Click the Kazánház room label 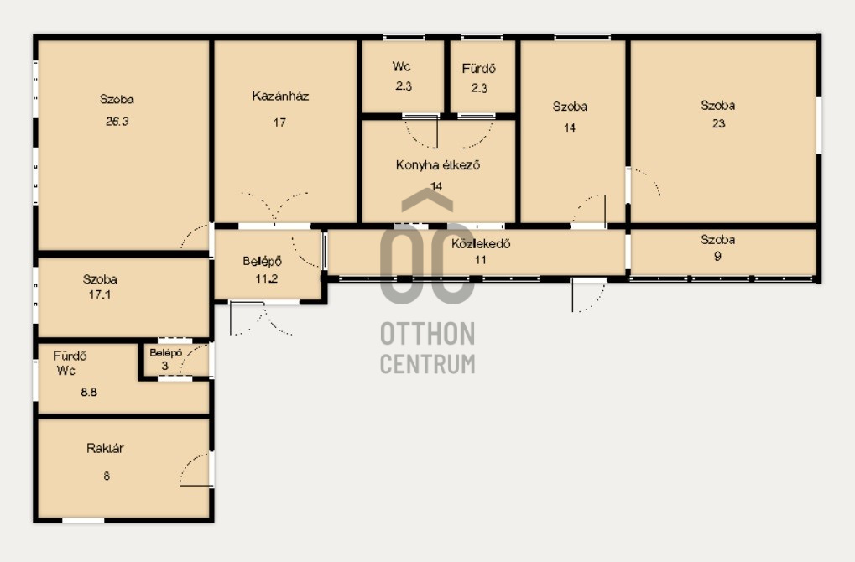[x=280, y=96]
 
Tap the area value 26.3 [x=117, y=121]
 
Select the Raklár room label [x=105, y=448]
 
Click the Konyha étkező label [x=438, y=164]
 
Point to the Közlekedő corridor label [x=481, y=243]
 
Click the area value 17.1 [x=100, y=294]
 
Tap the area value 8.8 [x=89, y=392]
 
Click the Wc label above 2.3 [x=401, y=66]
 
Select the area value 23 [x=719, y=123]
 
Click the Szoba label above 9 [x=717, y=239]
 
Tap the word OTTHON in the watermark [x=428, y=334]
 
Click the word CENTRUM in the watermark [x=428, y=363]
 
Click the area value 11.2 [x=267, y=278]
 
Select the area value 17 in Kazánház [x=279, y=122]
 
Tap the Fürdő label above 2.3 [x=479, y=69]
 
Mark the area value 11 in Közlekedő [x=481, y=259]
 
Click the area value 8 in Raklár [x=107, y=476]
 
